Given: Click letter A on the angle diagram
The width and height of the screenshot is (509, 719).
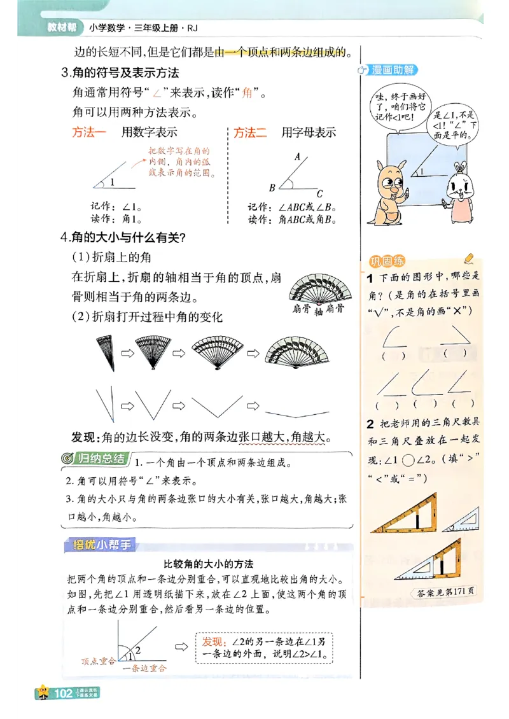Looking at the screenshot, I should point(297,156).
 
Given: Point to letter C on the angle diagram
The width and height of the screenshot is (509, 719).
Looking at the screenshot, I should point(319,194).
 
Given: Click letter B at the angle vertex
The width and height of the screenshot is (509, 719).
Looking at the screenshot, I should point(272,188).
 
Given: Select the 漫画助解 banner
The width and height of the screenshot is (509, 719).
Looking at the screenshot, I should point(392,70).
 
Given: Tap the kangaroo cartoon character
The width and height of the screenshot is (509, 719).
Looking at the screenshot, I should point(388,191).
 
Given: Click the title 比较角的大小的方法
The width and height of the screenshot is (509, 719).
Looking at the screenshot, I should point(208,564).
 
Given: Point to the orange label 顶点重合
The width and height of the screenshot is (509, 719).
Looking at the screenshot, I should point(99,661).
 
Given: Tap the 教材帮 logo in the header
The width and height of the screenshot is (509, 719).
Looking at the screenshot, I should point(62,28).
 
